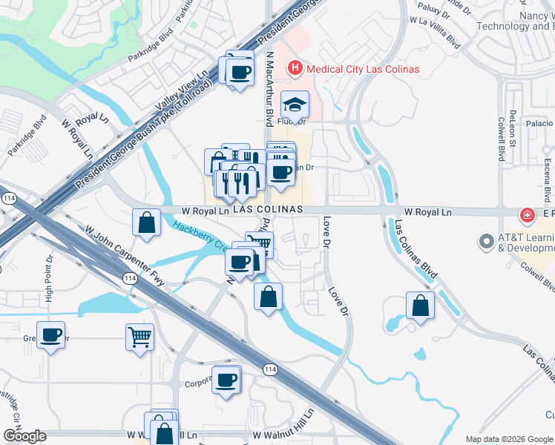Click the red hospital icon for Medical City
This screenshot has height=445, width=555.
(x=295, y=69)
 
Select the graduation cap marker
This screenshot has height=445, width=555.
(x=295, y=105)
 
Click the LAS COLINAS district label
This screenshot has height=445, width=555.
(x=268, y=210)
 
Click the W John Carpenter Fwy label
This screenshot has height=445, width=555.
(x=125, y=255)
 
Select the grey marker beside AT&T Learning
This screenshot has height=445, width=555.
(x=487, y=242)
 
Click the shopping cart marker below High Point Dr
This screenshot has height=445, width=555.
(x=139, y=337)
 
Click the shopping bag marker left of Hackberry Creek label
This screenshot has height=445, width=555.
(x=147, y=222)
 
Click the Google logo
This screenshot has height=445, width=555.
(x=24, y=436)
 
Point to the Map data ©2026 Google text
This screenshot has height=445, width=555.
(x=508, y=439)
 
